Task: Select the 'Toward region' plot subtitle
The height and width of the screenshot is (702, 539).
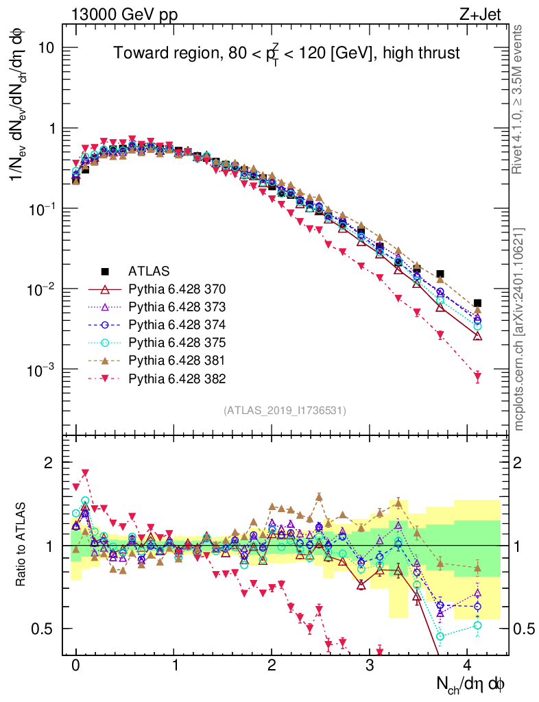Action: pyautogui.click(x=286, y=53)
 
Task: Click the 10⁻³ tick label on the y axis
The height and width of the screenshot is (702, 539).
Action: pyautogui.click(x=40, y=370)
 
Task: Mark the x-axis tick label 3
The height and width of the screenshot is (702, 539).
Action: pyautogui.click(x=370, y=665)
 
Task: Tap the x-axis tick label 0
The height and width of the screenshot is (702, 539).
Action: pyautogui.click(x=75, y=665)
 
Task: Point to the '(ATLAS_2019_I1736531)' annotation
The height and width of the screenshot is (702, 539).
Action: pyautogui.click(x=285, y=411)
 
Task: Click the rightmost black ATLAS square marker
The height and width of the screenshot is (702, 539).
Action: pyautogui.click(x=477, y=303)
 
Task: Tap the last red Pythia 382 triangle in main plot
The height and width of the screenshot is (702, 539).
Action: pyautogui.click(x=477, y=376)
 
